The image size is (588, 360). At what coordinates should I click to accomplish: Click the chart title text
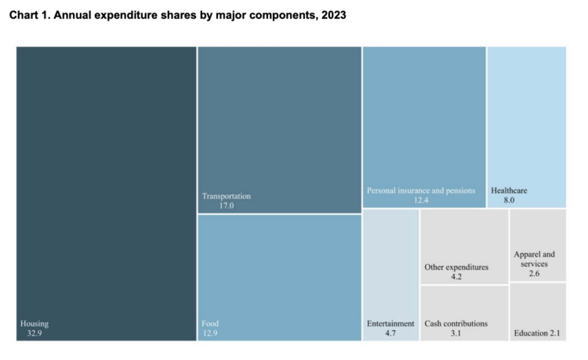pos(177,15)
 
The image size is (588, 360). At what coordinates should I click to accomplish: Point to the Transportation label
pos(227,195)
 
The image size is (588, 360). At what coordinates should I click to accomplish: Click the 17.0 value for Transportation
pos(226,205)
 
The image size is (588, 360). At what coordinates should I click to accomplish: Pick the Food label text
pos(210,323)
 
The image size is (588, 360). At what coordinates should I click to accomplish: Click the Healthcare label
pos(509,191)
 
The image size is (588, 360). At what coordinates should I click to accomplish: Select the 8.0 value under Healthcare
pos(509,201)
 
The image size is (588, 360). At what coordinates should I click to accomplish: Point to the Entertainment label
pos(390,323)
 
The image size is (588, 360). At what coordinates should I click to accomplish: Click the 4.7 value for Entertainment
pos(390,333)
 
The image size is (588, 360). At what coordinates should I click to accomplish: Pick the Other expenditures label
pos(456,267)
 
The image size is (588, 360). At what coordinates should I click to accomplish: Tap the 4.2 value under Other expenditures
pos(456,277)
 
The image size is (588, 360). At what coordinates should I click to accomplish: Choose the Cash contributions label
pos(456,323)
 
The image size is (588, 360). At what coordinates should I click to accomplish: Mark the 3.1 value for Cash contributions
pos(456,333)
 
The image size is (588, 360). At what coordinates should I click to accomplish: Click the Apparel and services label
pos(534,259)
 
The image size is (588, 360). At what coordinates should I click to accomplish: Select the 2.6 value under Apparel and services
pos(534,275)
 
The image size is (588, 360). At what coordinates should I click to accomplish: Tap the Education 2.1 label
pos(537,333)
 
